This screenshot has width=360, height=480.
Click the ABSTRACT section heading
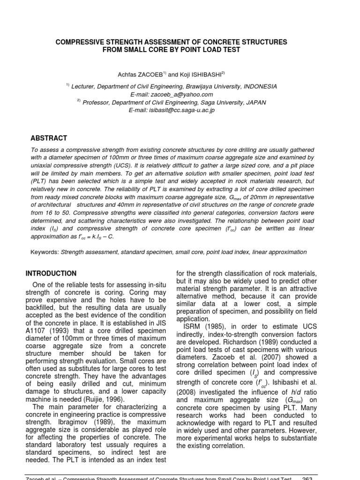pos(49,138)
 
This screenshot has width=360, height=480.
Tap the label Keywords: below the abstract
pos(45,252)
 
